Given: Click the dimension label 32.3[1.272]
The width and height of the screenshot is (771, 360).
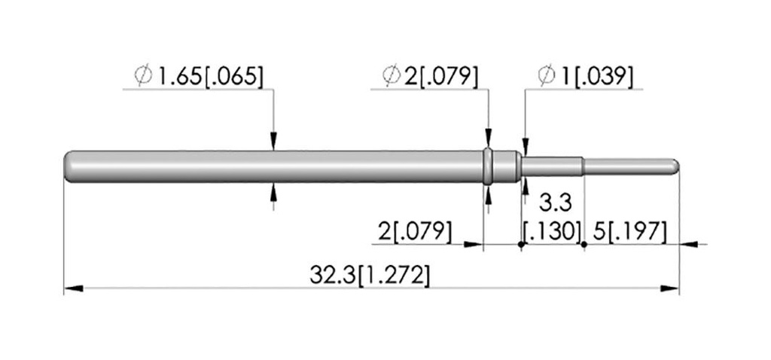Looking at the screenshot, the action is click(370, 276).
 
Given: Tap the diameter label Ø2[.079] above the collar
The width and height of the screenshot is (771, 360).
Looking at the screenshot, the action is click(430, 76).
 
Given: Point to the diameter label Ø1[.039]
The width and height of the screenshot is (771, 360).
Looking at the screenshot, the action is click(586, 76).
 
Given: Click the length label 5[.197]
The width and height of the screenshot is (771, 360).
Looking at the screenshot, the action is click(630, 232).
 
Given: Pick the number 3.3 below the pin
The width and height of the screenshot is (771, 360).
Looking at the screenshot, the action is click(556, 202).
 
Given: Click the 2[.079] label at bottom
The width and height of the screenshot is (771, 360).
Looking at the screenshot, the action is click(415, 232).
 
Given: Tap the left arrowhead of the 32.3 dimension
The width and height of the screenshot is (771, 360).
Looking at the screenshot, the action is click(73, 288).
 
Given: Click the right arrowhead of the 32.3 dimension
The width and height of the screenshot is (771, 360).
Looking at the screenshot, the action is click(669, 288).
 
